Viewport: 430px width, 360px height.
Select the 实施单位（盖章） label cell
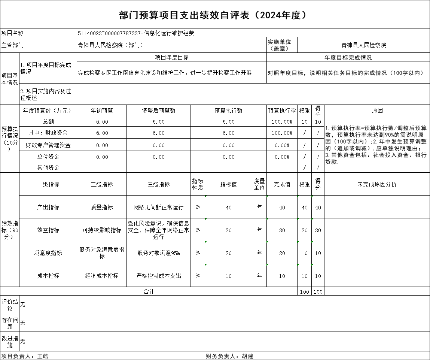click(280, 45)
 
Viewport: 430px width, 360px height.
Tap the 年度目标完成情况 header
click(348, 58)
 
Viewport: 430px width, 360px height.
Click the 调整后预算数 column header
click(159, 111)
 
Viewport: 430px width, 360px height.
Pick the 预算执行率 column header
click(282, 111)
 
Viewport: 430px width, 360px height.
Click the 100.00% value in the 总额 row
click(282, 122)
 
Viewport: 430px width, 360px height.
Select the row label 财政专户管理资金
click(48, 145)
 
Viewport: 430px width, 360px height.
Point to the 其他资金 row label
click(48, 167)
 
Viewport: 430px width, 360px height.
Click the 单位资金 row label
click(48, 157)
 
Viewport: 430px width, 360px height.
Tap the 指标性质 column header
click(198, 184)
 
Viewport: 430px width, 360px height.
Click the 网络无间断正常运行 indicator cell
click(158, 207)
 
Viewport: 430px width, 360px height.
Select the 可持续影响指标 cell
click(102, 230)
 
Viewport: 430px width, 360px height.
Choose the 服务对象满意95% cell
click(158, 253)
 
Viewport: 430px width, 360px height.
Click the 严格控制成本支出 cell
click(158, 276)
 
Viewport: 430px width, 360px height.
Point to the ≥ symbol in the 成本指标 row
click(198, 276)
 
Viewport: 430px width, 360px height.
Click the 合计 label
click(149, 291)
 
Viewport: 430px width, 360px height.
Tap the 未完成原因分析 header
click(377, 184)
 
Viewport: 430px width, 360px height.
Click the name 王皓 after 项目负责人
click(43, 356)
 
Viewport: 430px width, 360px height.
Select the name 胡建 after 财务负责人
click(247, 356)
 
